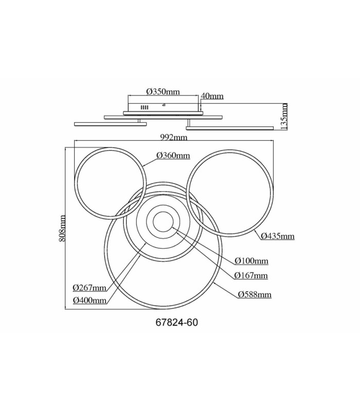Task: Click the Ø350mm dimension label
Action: [163, 92]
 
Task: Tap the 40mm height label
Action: [212, 96]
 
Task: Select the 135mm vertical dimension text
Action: [284, 116]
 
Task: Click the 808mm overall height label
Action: [62, 228]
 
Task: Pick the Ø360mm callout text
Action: [173, 156]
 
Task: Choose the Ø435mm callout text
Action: [278, 236]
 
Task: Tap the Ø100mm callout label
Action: [251, 261]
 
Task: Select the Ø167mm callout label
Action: [251, 275]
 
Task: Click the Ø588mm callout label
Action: [255, 294]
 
